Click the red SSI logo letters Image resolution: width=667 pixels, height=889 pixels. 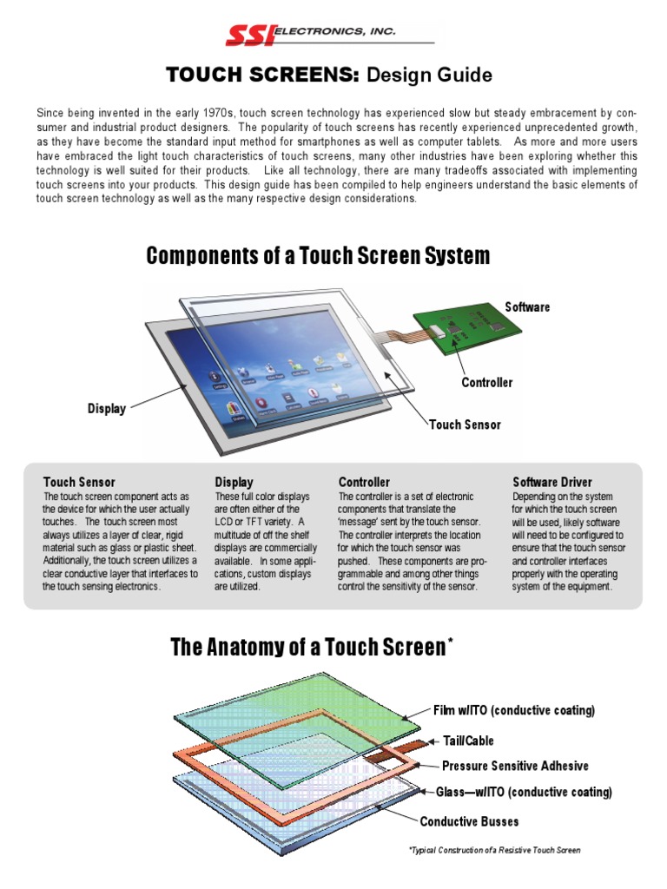(x=249, y=35)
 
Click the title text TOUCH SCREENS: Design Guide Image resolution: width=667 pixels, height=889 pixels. (x=329, y=76)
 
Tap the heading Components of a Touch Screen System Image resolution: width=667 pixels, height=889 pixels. (x=318, y=256)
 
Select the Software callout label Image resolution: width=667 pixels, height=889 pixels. (x=527, y=307)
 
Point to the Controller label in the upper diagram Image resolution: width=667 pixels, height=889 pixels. (x=486, y=383)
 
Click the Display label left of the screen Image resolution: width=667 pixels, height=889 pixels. (x=107, y=409)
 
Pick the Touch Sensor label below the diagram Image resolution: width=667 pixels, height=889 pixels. (x=465, y=425)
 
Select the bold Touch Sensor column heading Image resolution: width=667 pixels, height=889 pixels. (x=79, y=482)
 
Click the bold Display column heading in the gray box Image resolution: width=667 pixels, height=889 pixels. (x=234, y=482)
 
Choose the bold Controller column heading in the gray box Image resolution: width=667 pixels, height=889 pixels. (x=364, y=482)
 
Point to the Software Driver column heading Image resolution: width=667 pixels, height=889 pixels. (x=552, y=482)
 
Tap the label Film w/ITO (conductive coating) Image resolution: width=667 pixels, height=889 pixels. (x=514, y=711)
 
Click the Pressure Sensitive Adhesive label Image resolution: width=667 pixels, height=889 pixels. (x=515, y=766)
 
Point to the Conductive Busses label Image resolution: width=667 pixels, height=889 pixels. (x=470, y=821)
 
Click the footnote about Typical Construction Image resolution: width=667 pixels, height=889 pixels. (x=494, y=850)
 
